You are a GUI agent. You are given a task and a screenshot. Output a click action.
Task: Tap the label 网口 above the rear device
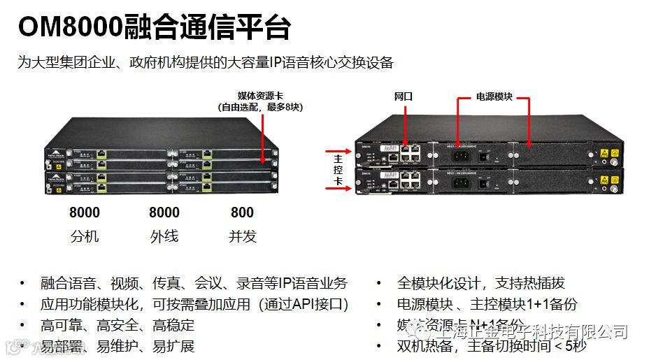(x=404, y=96)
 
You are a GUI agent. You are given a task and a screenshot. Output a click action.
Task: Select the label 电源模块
(x=494, y=96)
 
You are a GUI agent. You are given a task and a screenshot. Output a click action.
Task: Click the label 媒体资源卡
(x=261, y=95)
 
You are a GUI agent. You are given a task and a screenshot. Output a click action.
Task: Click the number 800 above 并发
(x=242, y=213)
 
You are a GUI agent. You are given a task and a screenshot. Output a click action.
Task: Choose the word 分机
(x=85, y=236)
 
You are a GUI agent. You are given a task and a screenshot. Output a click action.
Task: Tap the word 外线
(x=164, y=236)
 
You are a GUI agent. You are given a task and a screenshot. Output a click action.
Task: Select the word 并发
(x=242, y=236)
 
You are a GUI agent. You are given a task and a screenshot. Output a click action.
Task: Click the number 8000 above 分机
(x=85, y=213)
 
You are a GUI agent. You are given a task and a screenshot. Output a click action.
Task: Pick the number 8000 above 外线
(x=164, y=213)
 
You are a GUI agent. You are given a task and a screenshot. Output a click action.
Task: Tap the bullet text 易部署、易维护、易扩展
(x=117, y=346)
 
